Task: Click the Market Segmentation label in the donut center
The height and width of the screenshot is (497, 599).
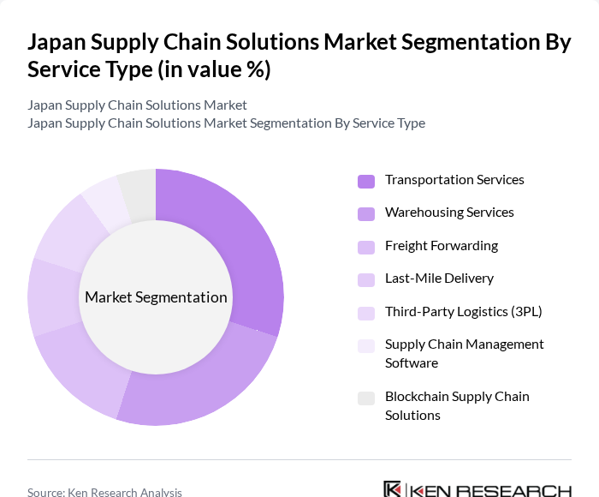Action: tap(156, 297)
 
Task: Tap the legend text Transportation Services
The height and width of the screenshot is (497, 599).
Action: tap(454, 180)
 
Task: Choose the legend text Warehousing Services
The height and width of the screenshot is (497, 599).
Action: tap(449, 213)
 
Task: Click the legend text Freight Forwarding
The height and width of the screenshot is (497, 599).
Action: tap(441, 246)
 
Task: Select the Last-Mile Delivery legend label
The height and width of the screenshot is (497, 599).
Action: tap(439, 278)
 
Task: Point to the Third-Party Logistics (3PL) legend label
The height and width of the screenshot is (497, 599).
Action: tap(463, 311)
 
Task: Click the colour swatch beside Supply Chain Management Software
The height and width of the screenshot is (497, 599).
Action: tap(366, 346)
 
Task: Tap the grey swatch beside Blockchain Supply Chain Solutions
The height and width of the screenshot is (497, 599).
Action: tap(366, 398)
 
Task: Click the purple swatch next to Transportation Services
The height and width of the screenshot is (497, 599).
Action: tap(366, 181)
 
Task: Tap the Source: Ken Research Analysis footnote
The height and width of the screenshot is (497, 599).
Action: tap(104, 492)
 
